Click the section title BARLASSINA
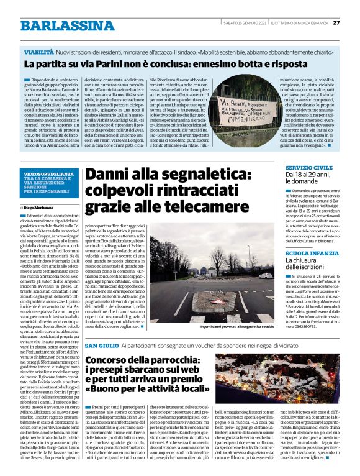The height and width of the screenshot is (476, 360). click(56, 25)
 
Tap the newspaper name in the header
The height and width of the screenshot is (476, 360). click(301, 23)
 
